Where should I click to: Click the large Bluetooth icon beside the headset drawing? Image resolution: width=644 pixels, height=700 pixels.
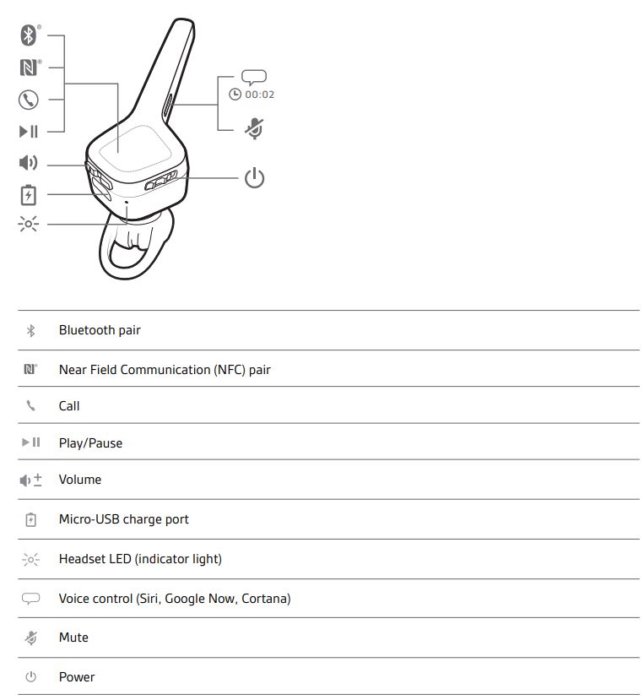[29, 35]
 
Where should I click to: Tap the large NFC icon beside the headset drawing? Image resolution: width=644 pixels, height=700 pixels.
[29, 68]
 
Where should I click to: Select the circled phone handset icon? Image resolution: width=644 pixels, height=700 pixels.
[29, 100]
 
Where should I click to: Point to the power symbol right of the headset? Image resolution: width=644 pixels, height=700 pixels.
[254, 177]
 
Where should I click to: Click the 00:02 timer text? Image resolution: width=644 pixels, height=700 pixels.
[260, 95]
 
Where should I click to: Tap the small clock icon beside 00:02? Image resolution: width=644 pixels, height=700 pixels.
[235, 95]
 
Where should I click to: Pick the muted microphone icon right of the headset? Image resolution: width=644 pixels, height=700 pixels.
[254, 129]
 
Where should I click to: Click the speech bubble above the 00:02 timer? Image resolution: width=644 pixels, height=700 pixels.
[254, 77]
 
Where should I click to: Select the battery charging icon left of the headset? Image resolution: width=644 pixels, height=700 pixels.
[29, 195]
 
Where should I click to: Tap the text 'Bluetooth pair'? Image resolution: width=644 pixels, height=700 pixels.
[100, 330]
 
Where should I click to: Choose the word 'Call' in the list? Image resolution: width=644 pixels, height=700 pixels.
[69, 406]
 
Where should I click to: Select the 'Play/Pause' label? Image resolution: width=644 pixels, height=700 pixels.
[90, 443]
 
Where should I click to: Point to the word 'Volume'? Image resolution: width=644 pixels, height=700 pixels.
[80, 480]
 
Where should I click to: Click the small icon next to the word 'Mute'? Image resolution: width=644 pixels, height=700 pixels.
[30, 638]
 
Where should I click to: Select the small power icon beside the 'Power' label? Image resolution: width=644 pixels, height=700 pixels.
[30, 677]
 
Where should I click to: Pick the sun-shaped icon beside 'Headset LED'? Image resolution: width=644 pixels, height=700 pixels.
[30, 559]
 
